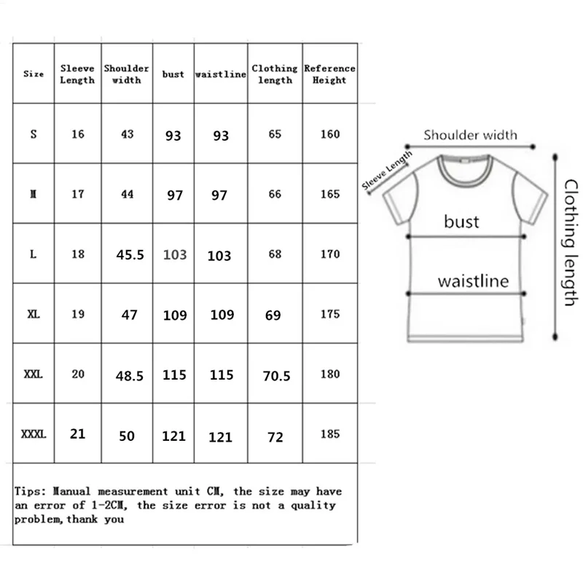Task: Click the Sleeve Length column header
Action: pyautogui.click(x=77, y=74)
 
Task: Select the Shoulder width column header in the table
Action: pyautogui.click(x=126, y=74)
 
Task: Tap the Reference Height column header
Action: pyautogui.click(x=329, y=74)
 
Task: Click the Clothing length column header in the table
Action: pyautogui.click(x=275, y=74)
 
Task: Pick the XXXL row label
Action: pyautogui.click(x=34, y=434)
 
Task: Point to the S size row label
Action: pyautogui.click(x=34, y=135)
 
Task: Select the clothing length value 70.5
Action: pyautogui.click(x=275, y=375)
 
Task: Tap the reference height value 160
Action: pyautogui.click(x=330, y=135)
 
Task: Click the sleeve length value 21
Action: pyautogui.click(x=78, y=434)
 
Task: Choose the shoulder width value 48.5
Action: pyautogui.click(x=130, y=375)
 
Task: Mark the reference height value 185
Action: pyautogui.click(x=330, y=434)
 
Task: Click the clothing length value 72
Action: pyautogui.click(x=275, y=437)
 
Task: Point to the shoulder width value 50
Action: pyautogui.click(x=128, y=436)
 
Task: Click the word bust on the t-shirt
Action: pyautogui.click(x=461, y=221)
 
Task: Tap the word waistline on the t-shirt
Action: pyautogui.click(x=472, y=281)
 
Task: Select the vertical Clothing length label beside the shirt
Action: pyautogui.click(x=571, y=242)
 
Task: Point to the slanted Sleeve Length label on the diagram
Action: pyautogui.click(x=387, y=172)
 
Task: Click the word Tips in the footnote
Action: pyautogui.click(x=28, y=492)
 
